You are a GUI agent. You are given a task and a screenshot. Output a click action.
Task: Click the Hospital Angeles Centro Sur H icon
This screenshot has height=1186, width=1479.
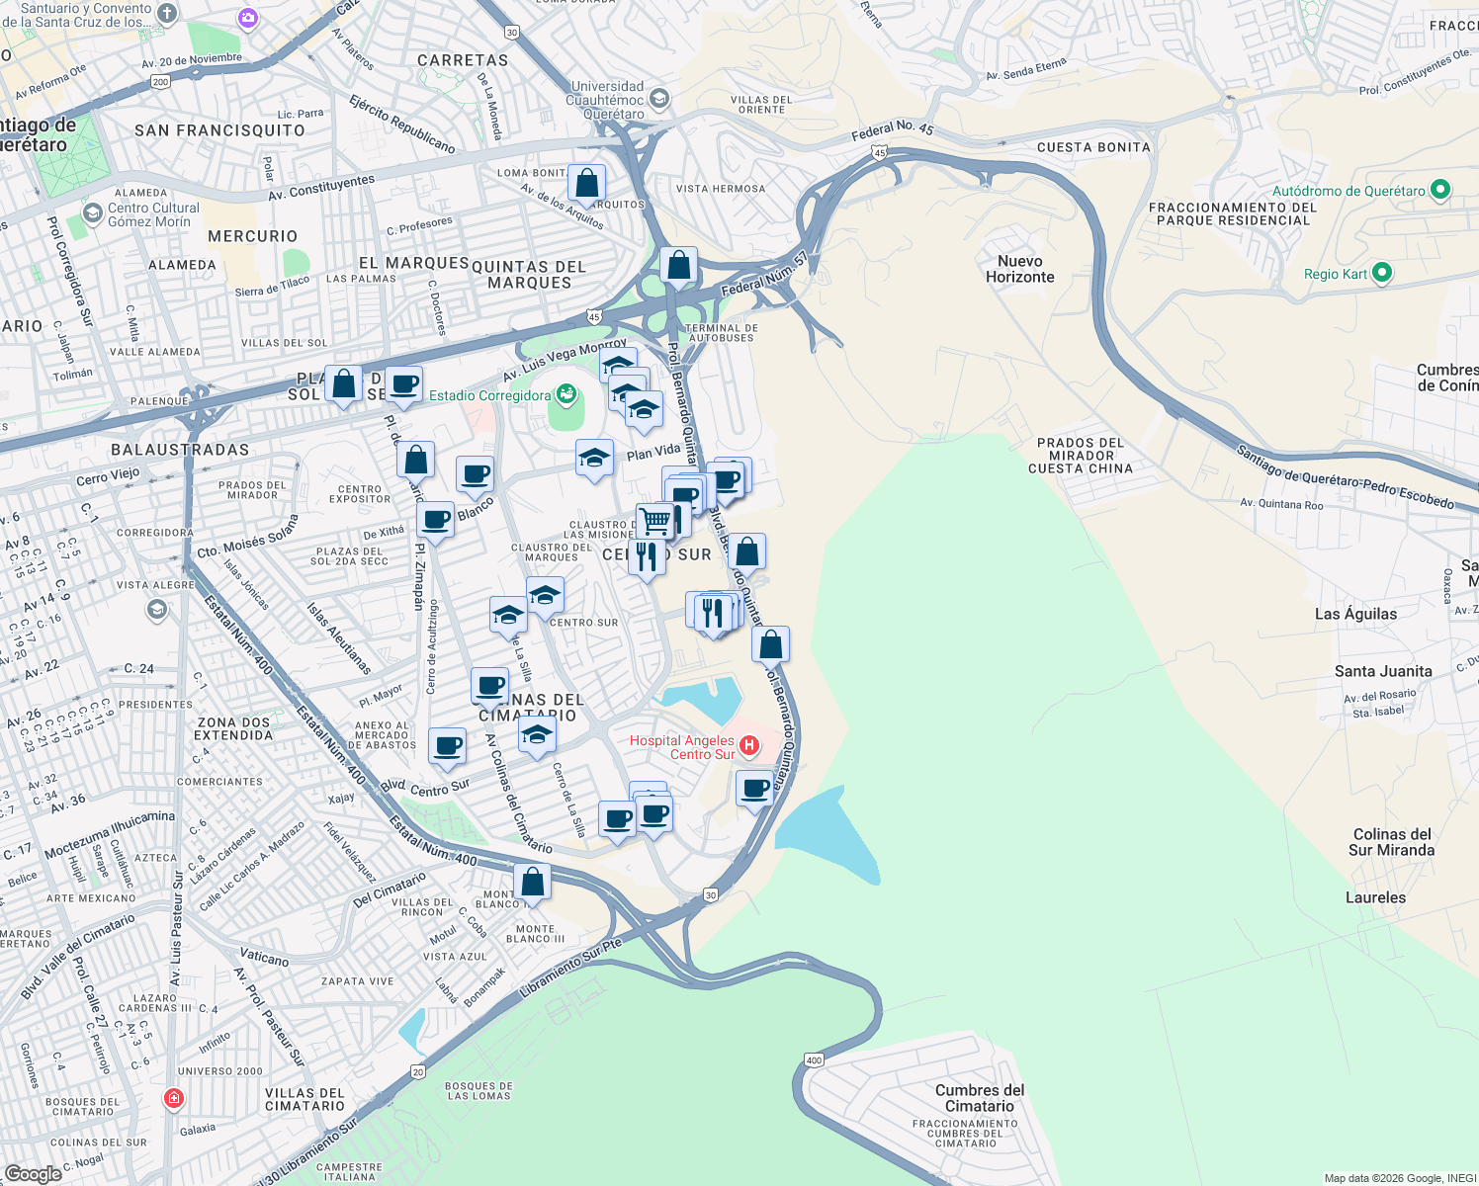[749, 745]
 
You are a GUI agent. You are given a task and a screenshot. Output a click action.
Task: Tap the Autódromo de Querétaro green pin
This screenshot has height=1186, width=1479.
[1440, 190]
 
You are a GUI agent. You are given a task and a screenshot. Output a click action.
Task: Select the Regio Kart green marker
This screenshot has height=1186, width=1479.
[1382, 273]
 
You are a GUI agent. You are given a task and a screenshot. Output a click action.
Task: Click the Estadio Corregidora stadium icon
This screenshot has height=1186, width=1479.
[565, 395]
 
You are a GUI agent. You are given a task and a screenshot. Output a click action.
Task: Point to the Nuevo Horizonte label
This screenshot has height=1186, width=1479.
[1019, 269]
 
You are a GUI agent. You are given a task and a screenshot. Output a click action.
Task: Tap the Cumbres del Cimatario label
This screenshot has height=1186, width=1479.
[979, 1098]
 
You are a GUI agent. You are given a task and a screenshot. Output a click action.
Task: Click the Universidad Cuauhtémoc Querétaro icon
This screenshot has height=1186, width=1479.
[659, 98]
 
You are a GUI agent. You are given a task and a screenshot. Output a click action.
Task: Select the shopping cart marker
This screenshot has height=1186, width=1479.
[654, 519]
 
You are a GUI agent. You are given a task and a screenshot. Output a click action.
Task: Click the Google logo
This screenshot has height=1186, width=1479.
[34, 1173]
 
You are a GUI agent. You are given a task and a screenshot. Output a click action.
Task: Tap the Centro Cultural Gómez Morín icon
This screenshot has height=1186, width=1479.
[93, 213]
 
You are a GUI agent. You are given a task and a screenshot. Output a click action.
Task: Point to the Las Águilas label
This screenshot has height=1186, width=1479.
[1355, 614]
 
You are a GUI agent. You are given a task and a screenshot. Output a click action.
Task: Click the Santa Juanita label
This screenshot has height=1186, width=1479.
[1382, 671]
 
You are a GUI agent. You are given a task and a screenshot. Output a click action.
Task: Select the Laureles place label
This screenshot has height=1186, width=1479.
[1375, 897]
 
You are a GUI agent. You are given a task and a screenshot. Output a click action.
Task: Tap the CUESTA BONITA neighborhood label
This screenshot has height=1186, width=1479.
[1093, 147]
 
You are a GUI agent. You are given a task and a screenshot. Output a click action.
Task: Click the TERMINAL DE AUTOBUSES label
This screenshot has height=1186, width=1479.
[721, 333]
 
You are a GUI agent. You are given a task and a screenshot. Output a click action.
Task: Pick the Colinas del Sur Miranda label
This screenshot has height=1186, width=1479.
[1391, 842]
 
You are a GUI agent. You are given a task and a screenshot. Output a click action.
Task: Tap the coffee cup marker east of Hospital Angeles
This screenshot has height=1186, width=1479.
[755, 789]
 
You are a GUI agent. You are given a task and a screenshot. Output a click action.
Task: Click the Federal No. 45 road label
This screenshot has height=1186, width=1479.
[892, 130]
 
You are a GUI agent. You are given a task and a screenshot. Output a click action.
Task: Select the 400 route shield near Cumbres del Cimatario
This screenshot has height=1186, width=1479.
[814, 1060]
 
